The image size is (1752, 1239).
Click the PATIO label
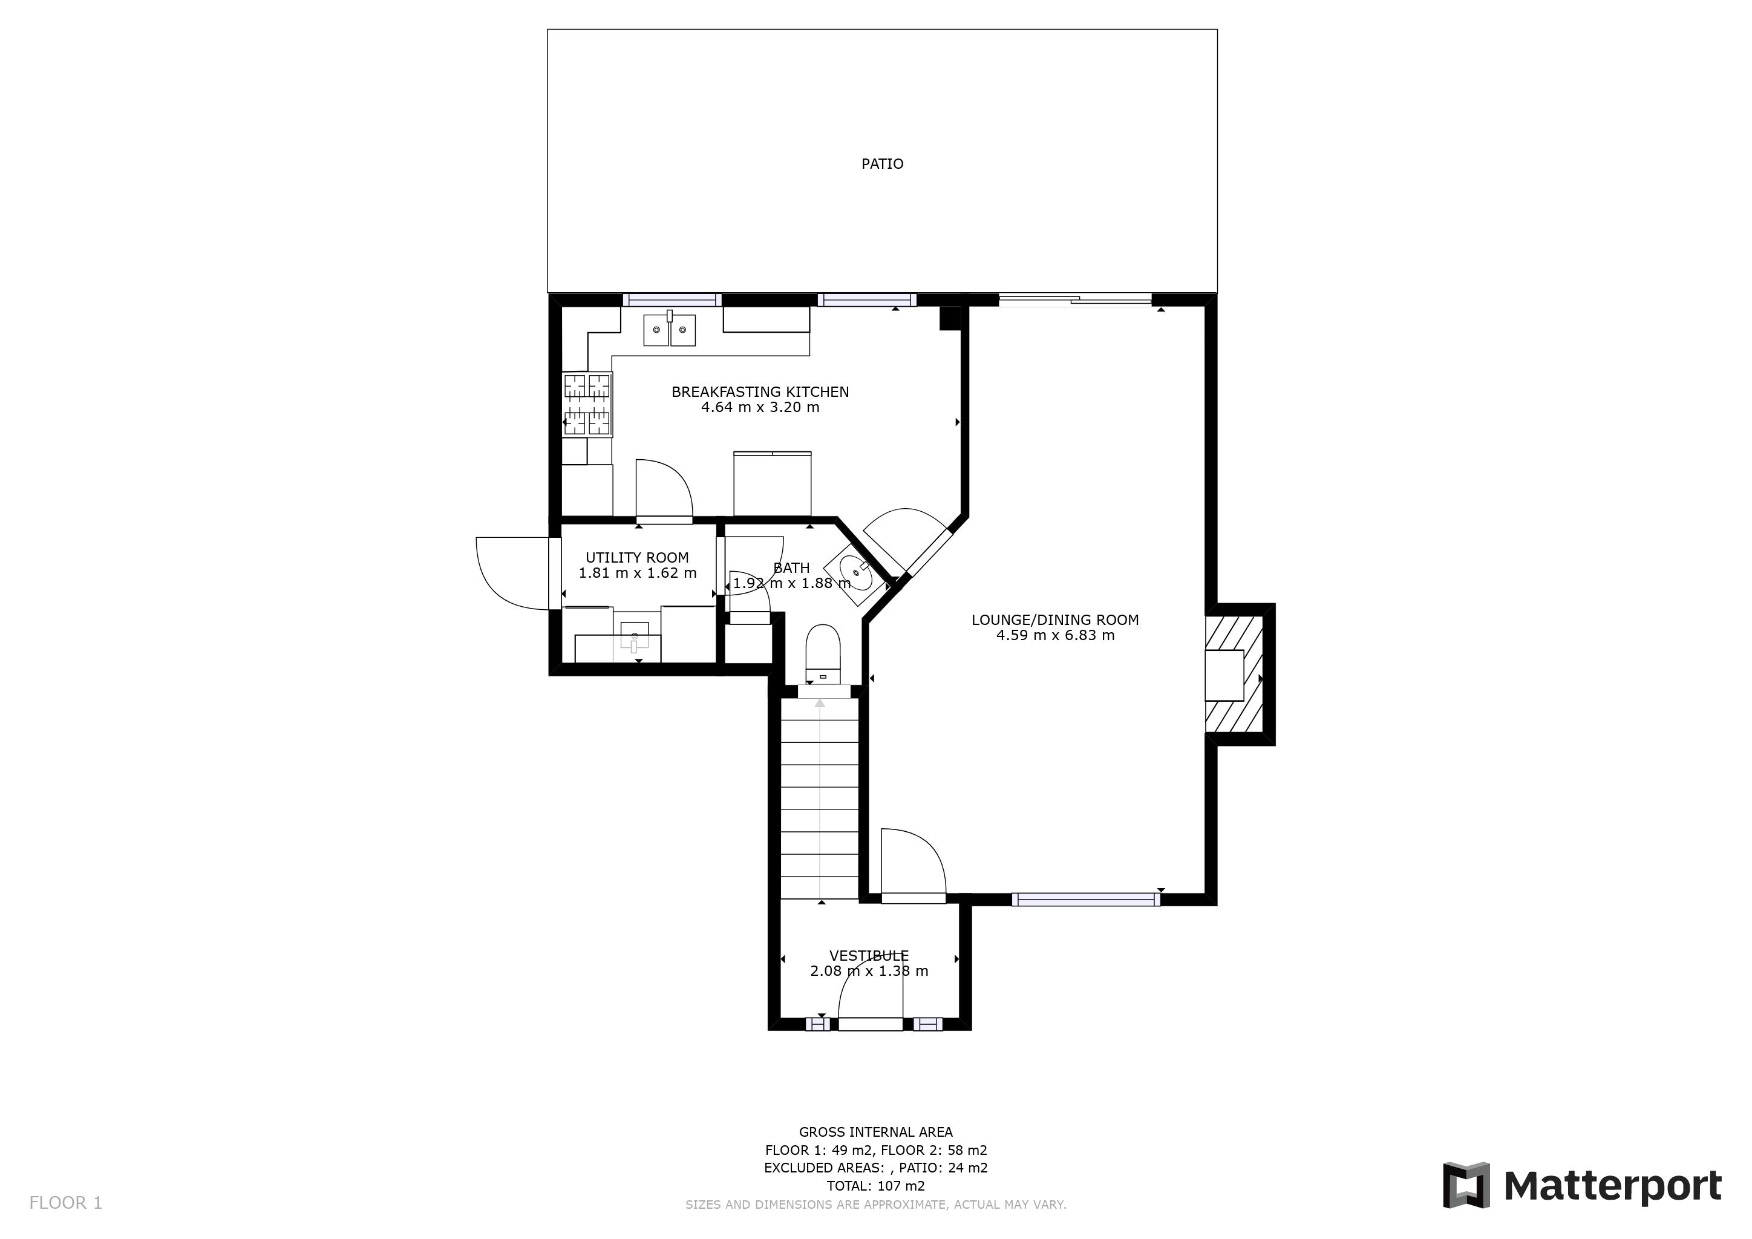tap(882, 164)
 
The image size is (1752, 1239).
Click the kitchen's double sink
tap(669, 330)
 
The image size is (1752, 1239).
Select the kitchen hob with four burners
tap(587, 404)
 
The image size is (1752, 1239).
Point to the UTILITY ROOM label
tap(636, 558)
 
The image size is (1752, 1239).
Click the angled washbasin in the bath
tap(857, 573)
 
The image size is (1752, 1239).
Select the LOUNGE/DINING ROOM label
tap(1054, 619)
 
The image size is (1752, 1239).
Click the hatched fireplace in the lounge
tap(1234, 675)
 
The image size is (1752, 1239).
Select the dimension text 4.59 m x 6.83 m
tap(1054, 635)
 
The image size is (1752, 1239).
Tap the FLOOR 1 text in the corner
tap(65, 1203)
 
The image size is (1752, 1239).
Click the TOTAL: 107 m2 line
tap(875, 1186)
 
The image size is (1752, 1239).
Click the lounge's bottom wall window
tap(1085, 900)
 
